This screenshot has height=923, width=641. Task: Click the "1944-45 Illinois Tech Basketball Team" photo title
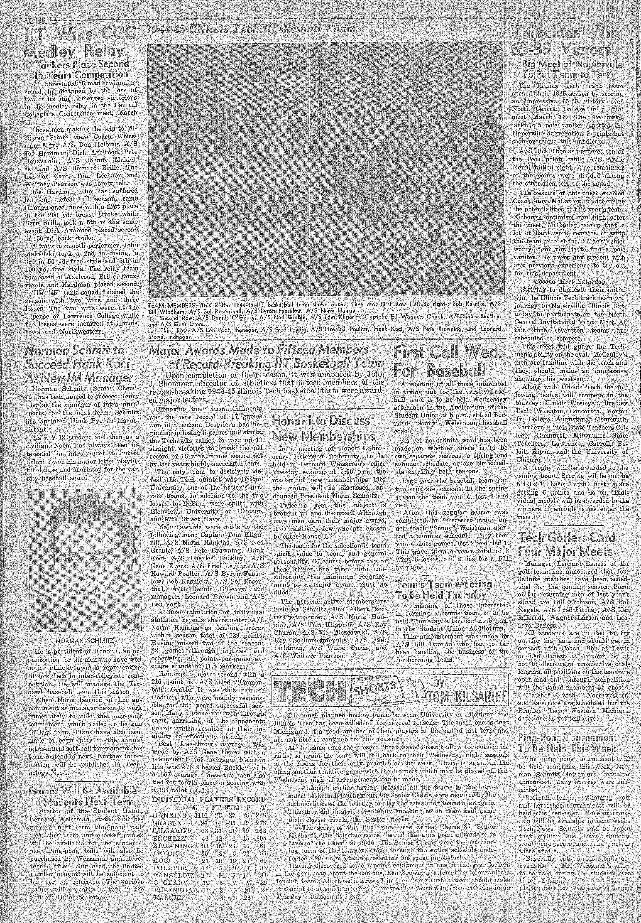coord(251,29)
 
